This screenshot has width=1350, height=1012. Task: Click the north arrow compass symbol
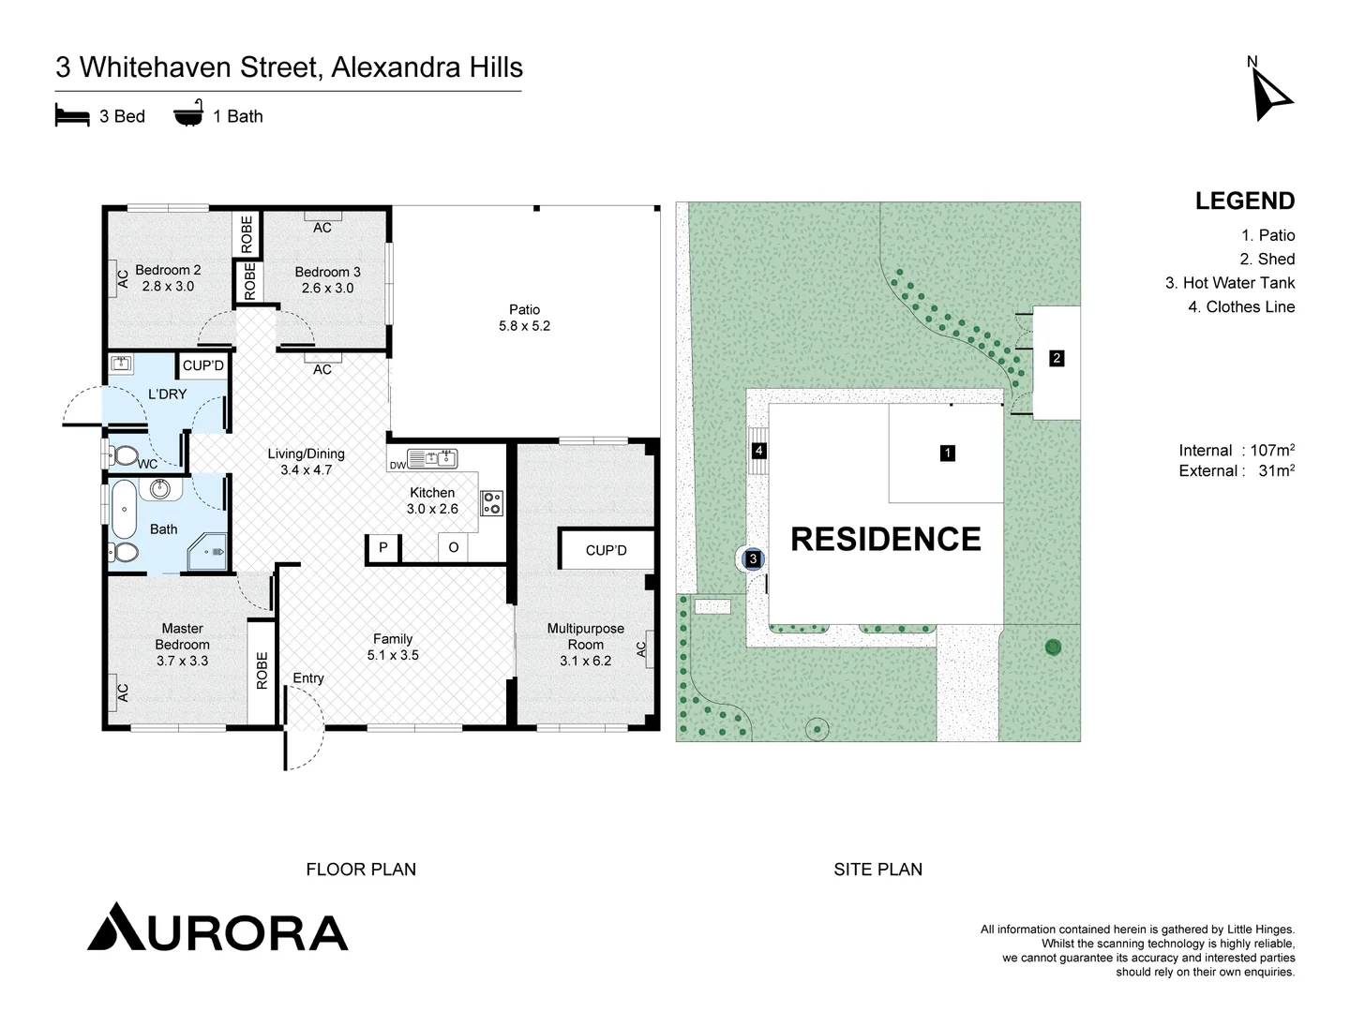coord(1270,96)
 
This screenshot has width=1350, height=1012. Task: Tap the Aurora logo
coord(217,928)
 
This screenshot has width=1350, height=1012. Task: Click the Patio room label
coord(524,318)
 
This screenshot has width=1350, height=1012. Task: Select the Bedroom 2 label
coord(168,278)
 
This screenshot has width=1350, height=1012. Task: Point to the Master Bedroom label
coord(182,645)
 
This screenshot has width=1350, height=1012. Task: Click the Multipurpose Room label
coord(585,645)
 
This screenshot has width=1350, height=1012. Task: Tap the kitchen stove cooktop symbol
coord(491,503)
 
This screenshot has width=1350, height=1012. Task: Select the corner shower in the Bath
coord(208,553)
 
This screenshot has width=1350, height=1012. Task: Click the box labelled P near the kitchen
coord(382,548)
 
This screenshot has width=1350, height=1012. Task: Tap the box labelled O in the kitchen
coord(453,548)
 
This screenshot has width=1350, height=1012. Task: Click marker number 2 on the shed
coord(1057,358)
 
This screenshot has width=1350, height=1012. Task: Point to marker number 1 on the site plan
coord(947,454)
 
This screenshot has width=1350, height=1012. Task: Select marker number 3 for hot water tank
coord(753,559)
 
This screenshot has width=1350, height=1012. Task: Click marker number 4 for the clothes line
coord(758,451)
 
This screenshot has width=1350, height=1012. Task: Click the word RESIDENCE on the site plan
coord(886,540)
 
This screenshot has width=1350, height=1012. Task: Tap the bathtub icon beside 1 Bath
coord(187,114)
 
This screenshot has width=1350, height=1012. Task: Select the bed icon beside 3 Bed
coord(72,116)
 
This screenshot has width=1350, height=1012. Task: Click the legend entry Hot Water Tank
coord(1229,283)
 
